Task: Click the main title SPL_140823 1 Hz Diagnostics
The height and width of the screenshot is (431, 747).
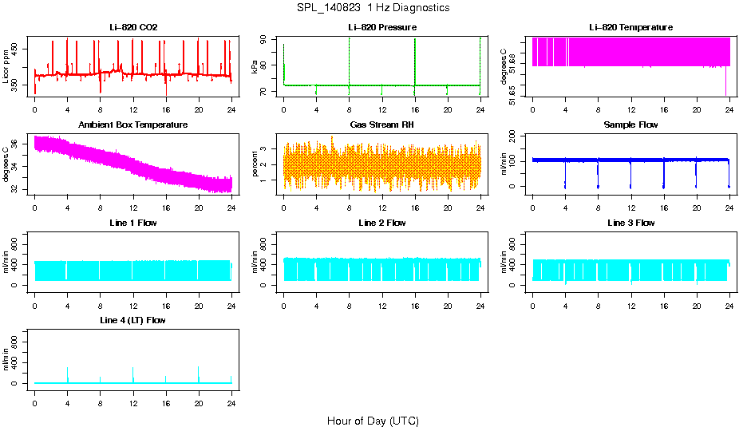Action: pyautogui.click(x=373, y=8)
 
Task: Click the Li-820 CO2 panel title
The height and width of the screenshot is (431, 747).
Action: pyautogui.click(x=133, y=27)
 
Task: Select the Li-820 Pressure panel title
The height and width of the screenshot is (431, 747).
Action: pyautogui.click(x=382, y=27)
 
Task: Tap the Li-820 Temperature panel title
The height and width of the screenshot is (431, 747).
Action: pyautogui.click(x=630, y=27)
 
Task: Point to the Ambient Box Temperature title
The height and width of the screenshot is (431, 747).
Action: pyautogui.click(x=133, y=125)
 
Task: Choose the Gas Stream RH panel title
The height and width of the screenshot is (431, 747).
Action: pyautogui.click(x=382, y=125)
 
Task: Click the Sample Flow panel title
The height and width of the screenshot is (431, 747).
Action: pyautogui.click(x=630, y=125)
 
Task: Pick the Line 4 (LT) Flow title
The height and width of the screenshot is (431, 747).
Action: pyautogui.click(x=133, y=320)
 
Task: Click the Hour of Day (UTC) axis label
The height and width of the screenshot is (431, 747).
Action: pyautogui.click(x=373, y=421)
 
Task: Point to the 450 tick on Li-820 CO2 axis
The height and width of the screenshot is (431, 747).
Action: pyautogui.click(x=17, y=49)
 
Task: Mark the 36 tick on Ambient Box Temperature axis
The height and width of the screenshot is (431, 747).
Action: pyautogui.click(x=17, y=144)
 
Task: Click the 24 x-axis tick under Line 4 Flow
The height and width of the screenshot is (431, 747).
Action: pyautogui.click(x=231, y=402)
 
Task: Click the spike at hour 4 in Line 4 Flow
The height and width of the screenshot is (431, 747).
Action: pyautogui.click(x=68, y=370)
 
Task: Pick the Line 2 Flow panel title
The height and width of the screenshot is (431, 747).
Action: pyautogui.click(x=382, y=223)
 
